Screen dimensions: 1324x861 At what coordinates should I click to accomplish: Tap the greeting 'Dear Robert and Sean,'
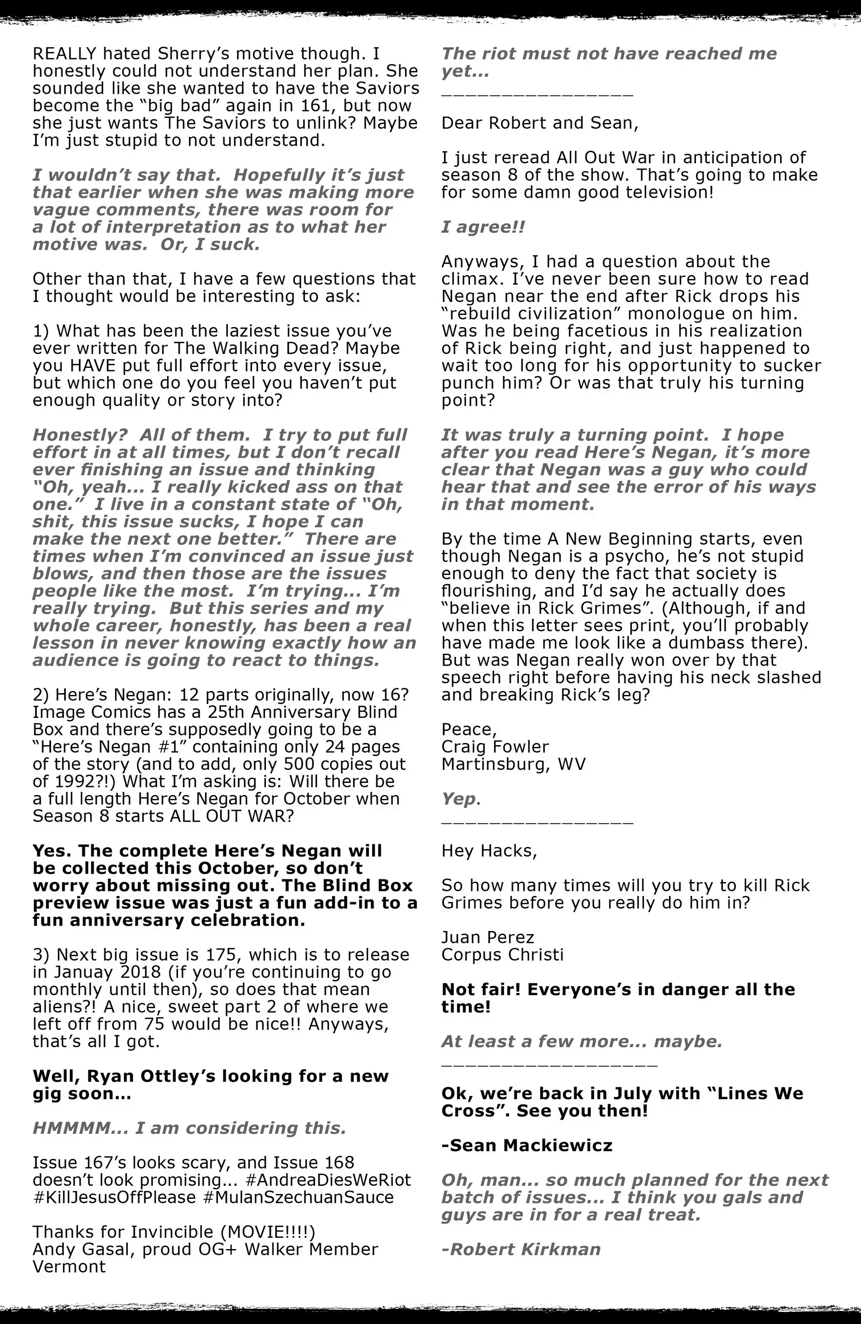click(539, 122)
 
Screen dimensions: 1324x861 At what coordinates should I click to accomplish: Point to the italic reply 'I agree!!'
click(483, 227)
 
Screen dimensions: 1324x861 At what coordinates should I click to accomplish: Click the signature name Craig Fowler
click(495, 746)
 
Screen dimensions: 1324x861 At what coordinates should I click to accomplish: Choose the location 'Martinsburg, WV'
click(513, 763)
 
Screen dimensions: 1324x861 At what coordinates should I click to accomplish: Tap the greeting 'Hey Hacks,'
click(489, 851)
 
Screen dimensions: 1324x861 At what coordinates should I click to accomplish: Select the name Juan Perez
click(487, 937)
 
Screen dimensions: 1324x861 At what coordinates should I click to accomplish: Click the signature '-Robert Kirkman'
click(521, 1249)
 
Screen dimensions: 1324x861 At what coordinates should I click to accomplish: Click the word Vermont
click(69, 1266)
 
